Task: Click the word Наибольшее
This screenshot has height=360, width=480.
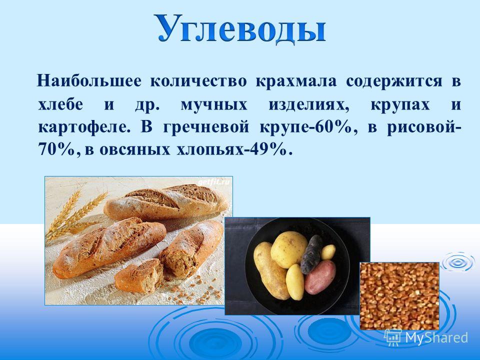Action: coord(89,81)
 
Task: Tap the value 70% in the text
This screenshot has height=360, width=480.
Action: coord(57,150)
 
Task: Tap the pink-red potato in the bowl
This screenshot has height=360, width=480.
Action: coord(320,277)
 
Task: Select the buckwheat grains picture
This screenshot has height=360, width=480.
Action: coord(399,296)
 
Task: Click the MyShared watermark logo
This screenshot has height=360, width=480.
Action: coord(426,337)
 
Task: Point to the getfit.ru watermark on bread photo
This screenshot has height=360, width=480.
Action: coord(213,182)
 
